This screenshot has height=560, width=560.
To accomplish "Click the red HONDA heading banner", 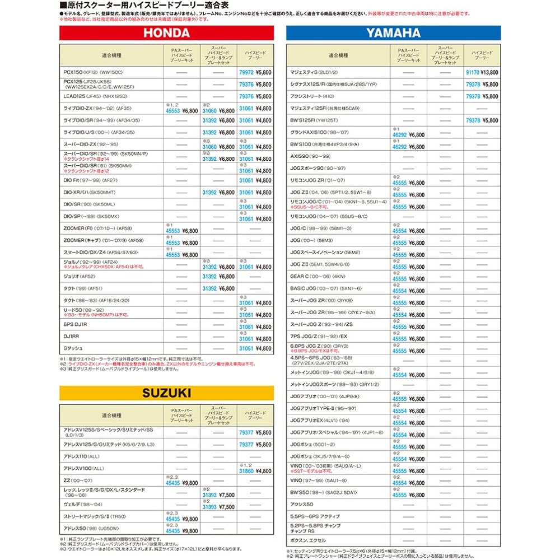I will coord(166,33).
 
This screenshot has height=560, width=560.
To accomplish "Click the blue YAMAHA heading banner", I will coord(393,33).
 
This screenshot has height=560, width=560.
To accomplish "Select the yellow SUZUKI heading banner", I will coord(166,393).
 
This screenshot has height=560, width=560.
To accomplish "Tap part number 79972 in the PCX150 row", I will coord(246,72).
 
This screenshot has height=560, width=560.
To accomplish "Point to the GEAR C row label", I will coord(317,277).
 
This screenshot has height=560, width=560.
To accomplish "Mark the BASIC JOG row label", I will coord(325,288).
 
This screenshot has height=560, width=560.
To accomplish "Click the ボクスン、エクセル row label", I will coord(308,540).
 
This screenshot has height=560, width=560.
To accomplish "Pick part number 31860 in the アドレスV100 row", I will coord(246,472).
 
